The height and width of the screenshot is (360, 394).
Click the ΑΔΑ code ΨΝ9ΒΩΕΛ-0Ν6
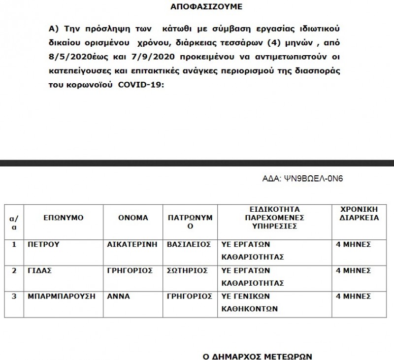[309, 178]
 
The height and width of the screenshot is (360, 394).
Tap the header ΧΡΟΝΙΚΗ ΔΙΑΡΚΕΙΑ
[357, 213]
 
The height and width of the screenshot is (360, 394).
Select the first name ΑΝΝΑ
[117, 296]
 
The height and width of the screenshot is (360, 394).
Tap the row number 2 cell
[14, 270]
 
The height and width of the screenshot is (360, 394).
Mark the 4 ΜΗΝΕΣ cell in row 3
[353, 296]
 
